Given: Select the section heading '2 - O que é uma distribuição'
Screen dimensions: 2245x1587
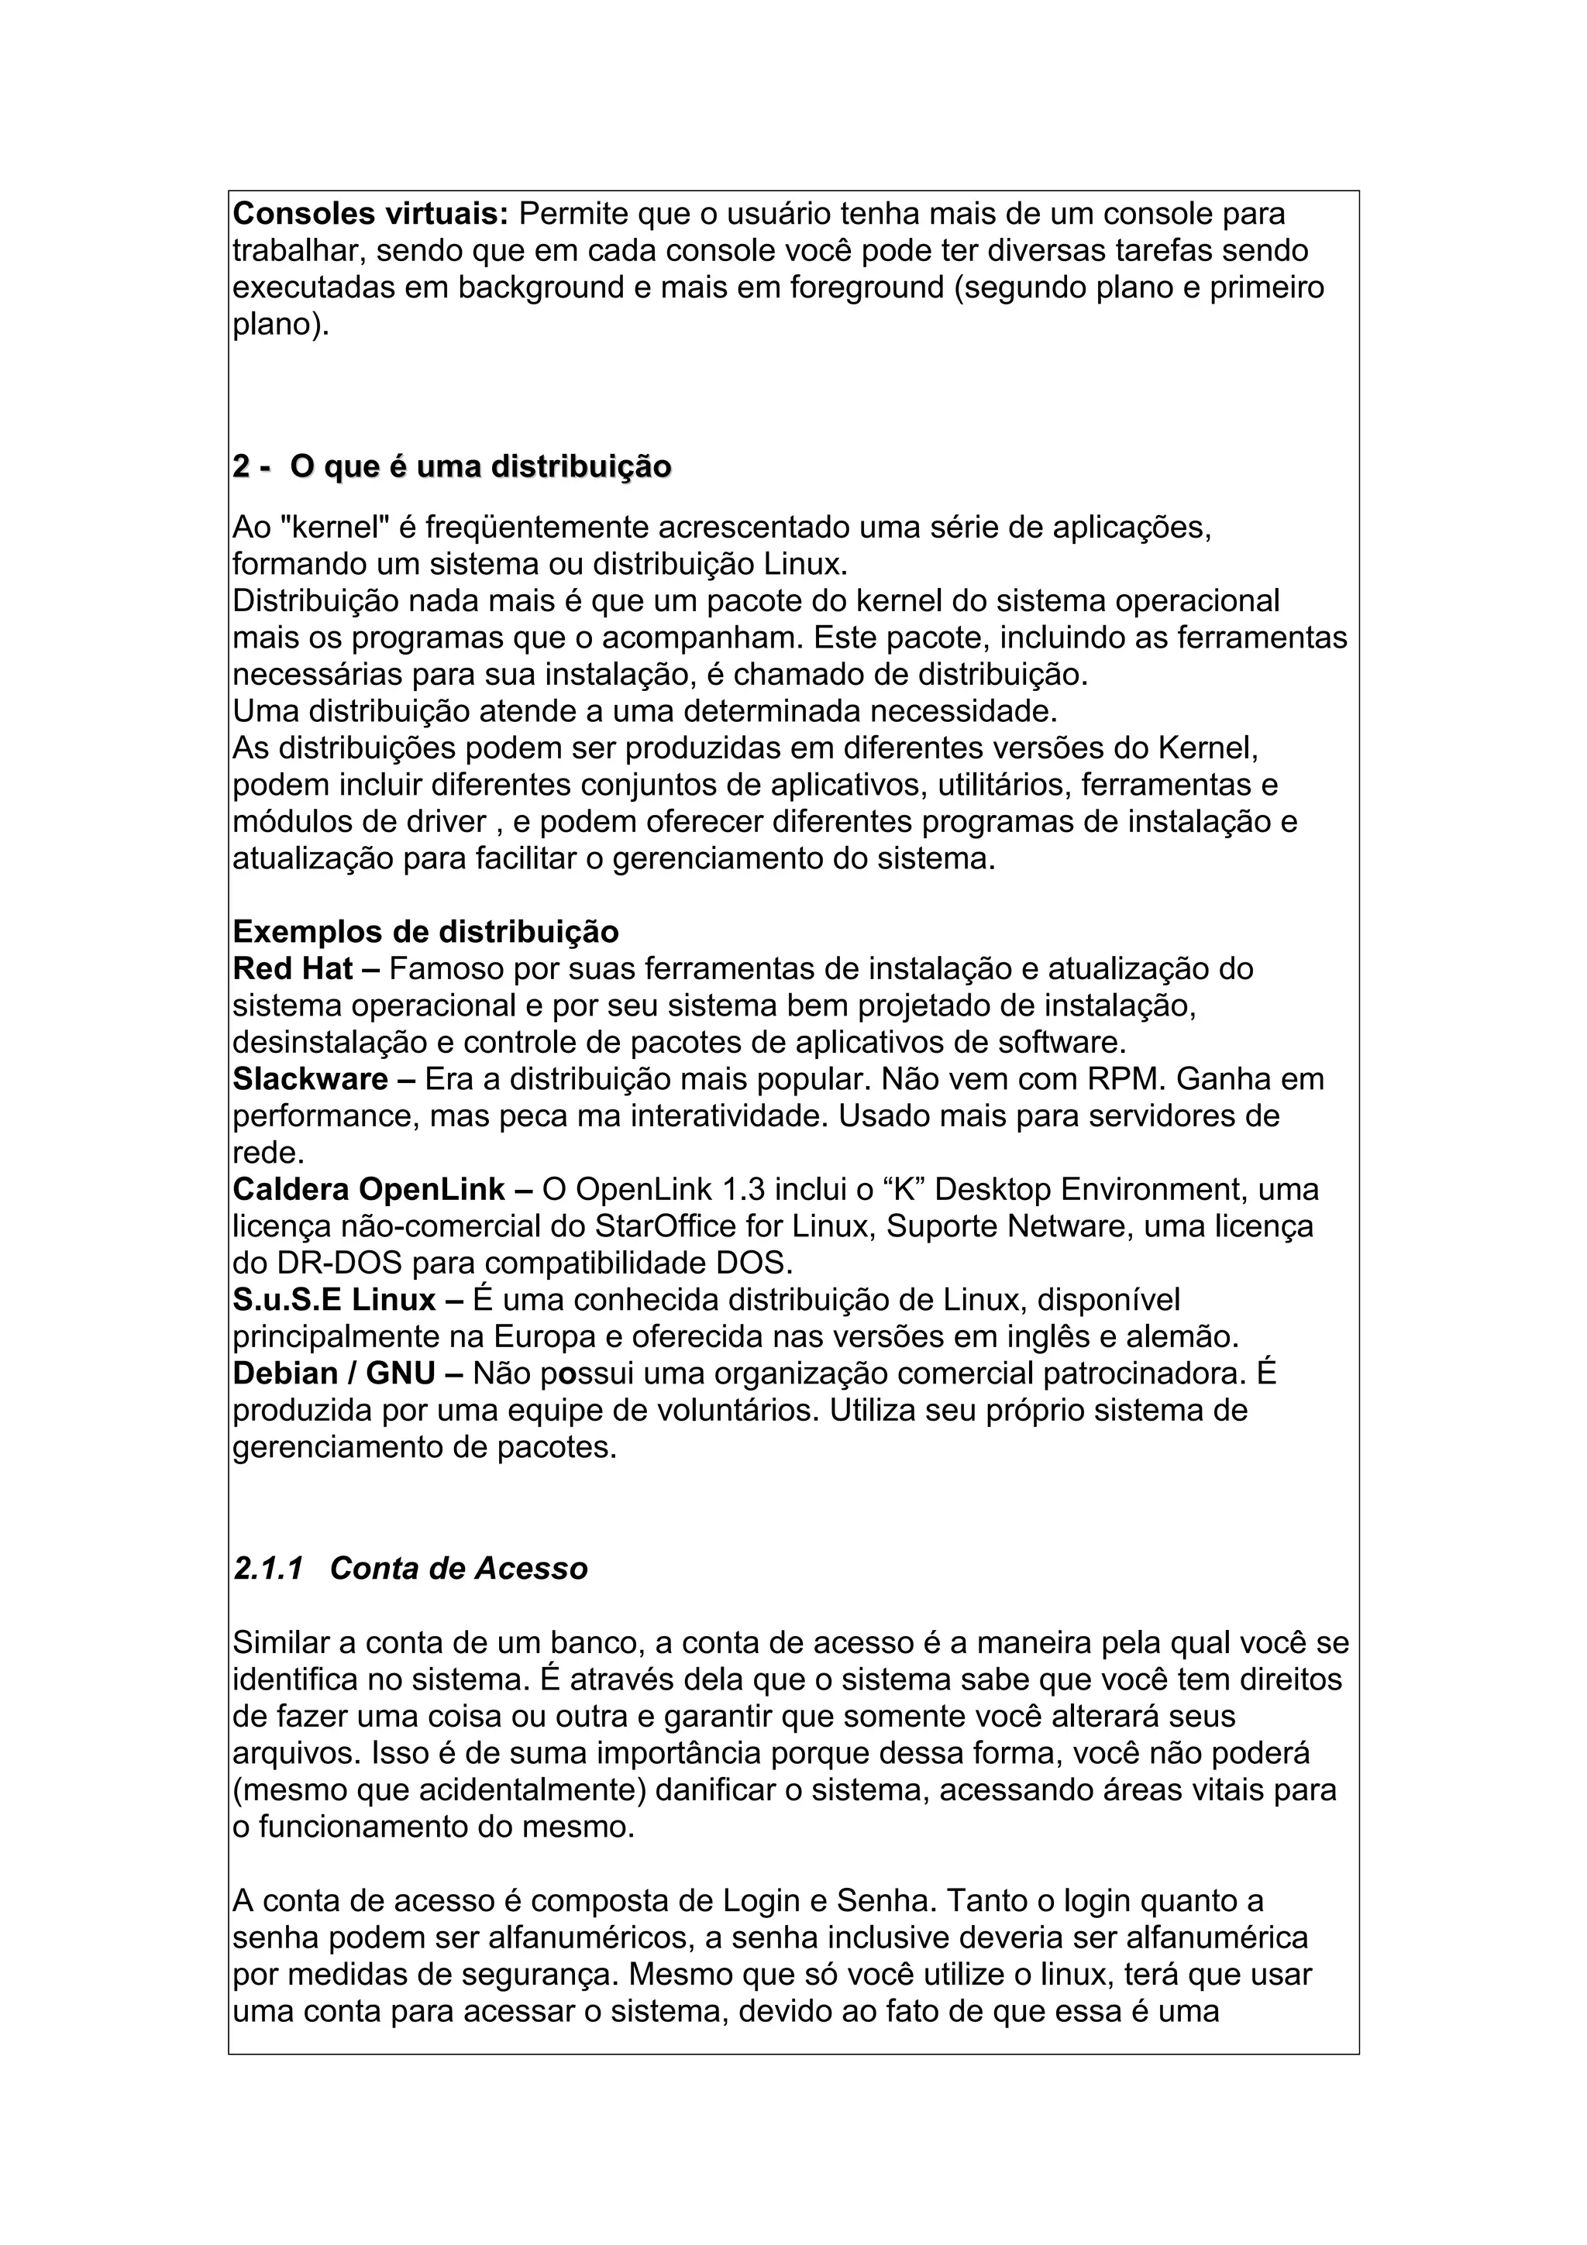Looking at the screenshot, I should point(452,467).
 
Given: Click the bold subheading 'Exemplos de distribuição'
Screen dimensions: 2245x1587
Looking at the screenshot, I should point(425,932).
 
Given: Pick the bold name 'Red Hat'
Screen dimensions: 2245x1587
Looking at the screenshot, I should point(292,969).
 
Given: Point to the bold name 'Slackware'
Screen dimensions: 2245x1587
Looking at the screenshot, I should point(310,1079).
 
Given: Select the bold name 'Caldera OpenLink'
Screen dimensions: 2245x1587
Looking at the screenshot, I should point(369,1190).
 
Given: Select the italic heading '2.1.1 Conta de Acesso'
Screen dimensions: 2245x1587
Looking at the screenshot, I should point(411,1569).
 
